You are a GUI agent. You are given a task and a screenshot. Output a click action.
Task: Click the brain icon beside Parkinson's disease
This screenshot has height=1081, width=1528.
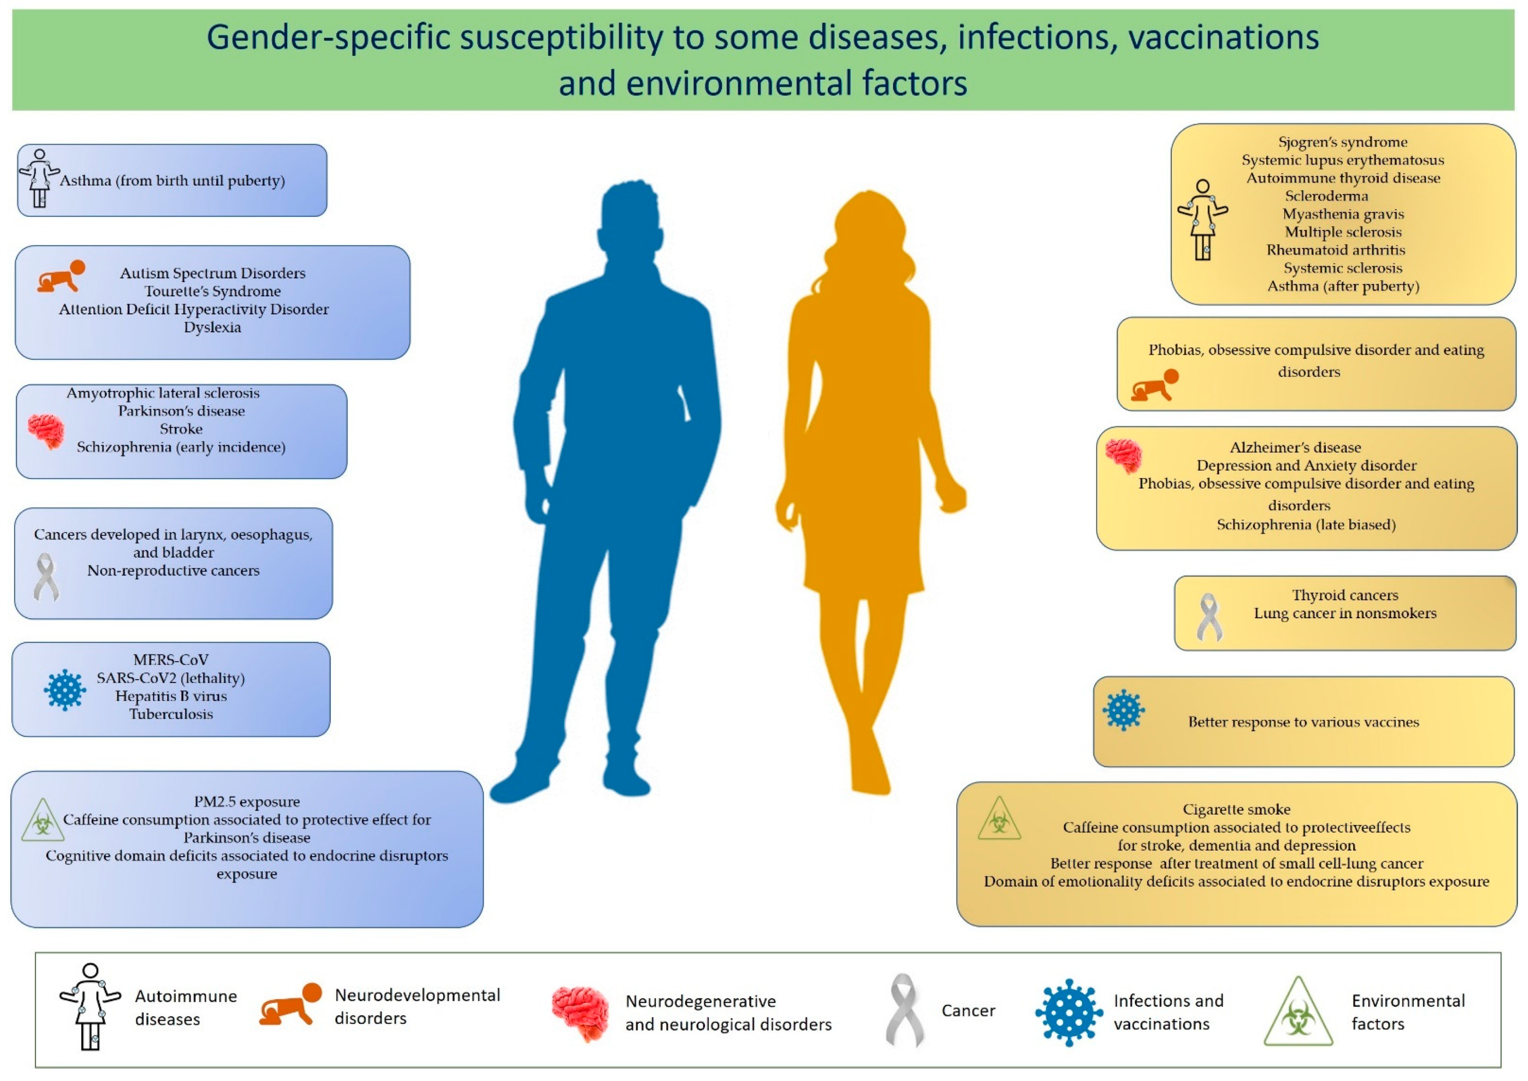(x=46, y=431)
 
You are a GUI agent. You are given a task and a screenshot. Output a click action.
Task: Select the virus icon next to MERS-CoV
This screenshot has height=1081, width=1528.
(x=64, y=690)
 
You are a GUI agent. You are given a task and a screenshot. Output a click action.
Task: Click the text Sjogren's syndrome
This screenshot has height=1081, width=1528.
(x=1342, y=142)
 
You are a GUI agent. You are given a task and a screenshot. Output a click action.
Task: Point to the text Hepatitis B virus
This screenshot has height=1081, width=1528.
(x=171, y=696)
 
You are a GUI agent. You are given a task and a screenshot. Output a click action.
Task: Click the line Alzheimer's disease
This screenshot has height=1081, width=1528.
(x=1295, y=447)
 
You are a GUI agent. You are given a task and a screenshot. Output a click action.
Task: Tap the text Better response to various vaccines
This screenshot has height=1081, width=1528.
(x=1303, y=722)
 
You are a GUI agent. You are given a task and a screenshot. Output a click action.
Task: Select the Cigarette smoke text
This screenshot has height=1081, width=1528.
(x=1236, y=809)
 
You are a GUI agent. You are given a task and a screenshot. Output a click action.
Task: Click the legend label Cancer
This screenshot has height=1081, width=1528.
(x=967, y=1010)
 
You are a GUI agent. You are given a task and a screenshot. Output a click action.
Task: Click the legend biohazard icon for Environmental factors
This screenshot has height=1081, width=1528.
(x=1298, y=1013)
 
